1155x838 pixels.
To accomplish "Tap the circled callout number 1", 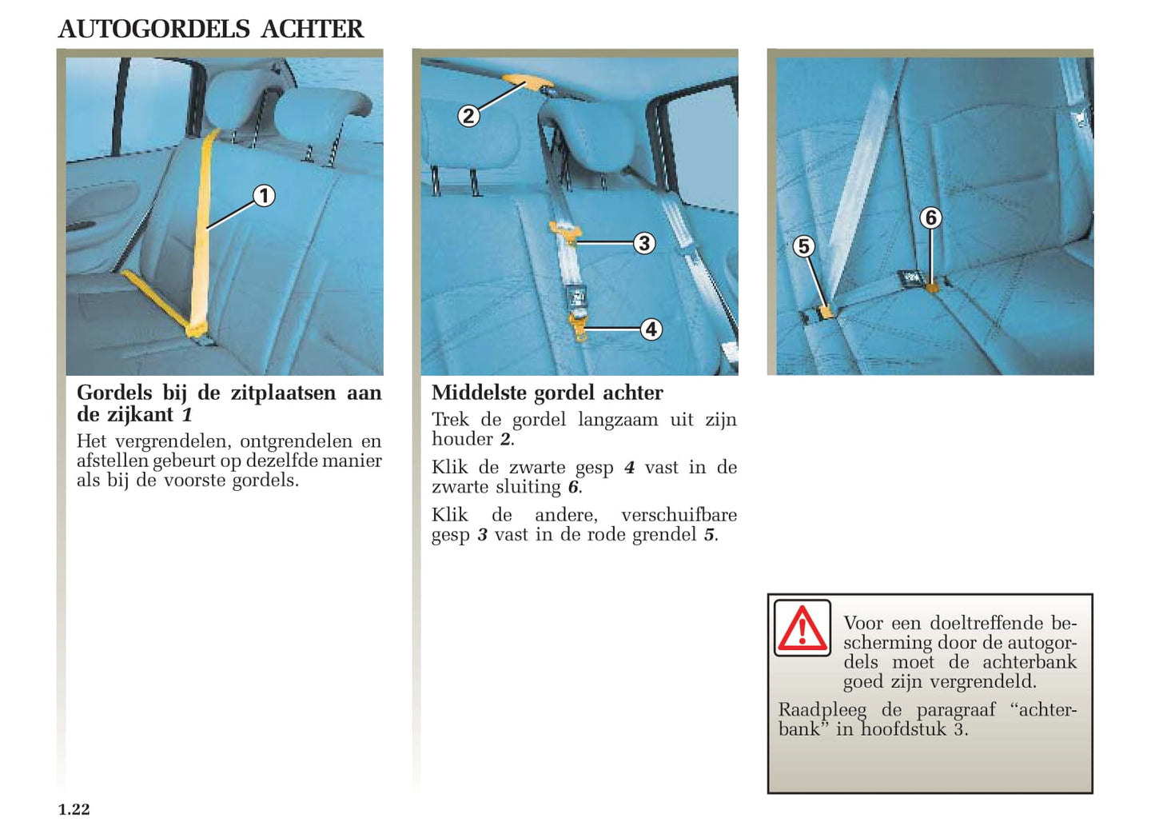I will tap(264, 196).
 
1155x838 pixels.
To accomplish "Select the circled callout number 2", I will tap(468, 116).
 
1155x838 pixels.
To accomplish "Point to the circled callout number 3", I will tap(644, 243).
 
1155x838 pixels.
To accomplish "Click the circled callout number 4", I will tap(651, 329).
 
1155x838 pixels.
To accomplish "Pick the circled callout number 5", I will tap(804, 246).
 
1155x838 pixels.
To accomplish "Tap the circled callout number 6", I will tap(930, 217).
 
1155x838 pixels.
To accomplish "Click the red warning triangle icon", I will tap(803, 628).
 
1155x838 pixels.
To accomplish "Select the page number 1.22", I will tap(74, 809).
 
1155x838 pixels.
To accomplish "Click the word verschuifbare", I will tap(679, 515).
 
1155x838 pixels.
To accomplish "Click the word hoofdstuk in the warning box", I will tap(903, 729).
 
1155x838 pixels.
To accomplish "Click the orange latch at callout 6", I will tap(932, 286).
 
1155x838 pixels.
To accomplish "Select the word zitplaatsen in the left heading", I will tap(283, 393).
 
